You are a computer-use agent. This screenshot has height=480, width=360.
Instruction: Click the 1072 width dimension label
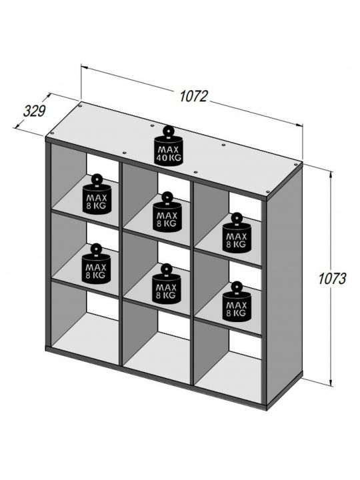pyautogui.click(x=193, y=96)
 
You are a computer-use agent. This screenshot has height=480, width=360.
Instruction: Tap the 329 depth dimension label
pyautogui.click(x=34, y=111)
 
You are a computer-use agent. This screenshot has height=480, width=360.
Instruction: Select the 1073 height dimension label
pyautogui.click(x=332, y=279)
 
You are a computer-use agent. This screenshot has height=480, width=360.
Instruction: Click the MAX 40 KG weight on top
pyautogui.click(x=169, y=146)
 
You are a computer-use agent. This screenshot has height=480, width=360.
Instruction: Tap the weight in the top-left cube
pyautogui.click(x=97, y=194)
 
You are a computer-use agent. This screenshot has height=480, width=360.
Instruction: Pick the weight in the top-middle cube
pyautogui.click(x=167, y=212)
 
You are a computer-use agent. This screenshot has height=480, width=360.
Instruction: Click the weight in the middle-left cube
pyautogui.click(x=96, y=263)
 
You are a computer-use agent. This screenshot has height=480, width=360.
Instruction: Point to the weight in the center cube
pyautogui.click(x=167, y=284)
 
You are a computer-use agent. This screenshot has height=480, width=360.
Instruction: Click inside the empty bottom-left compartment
pyautogui.click(x=85, y=325)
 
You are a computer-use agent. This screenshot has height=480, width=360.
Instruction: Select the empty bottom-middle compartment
pyautogui.click(x=157, y=343)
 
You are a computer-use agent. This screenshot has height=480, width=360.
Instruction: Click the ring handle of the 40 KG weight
pyautogui.click(x=169, y=131)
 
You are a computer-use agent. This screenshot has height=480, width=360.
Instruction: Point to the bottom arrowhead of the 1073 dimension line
pyautogui.click(x=331, y=383)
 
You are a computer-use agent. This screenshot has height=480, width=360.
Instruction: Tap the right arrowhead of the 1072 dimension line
pyautogui.click(x=300, y=125)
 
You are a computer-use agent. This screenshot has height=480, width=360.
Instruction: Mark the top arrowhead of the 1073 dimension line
pyautogui.click(x=331, y=175)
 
